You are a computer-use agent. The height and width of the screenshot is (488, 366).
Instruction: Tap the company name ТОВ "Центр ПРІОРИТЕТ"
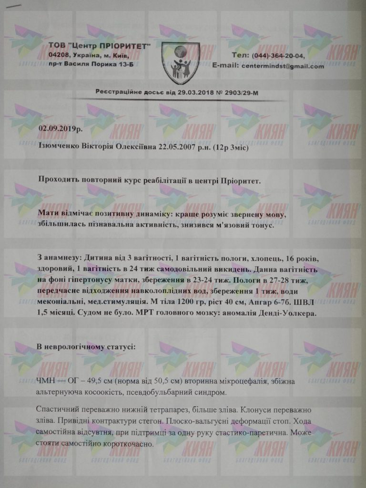pyautogui.click(x=100, y=45)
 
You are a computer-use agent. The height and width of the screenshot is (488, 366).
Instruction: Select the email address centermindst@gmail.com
pyautogui.click(x=282, y=66)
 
